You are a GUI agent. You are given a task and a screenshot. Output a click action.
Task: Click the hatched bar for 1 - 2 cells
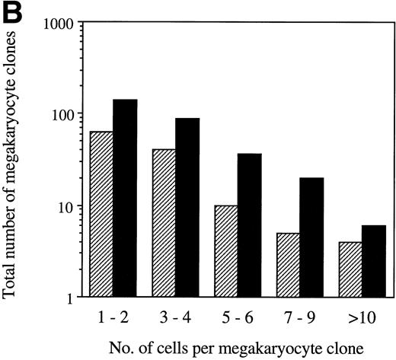click(101, 214)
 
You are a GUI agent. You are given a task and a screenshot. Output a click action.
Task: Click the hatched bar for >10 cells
click(351, 269)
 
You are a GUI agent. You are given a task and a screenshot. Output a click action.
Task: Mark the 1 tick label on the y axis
click(69, 298)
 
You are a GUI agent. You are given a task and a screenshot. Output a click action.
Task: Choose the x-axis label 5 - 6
click(238, 314)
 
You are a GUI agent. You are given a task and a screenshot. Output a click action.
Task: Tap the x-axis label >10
click(362, 314)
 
